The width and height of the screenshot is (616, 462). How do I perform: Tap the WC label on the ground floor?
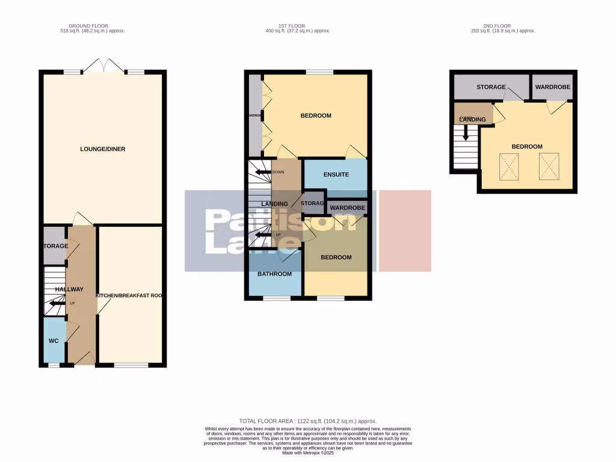tap(54, 341)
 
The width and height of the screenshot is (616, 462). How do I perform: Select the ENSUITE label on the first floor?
tap(336, 175)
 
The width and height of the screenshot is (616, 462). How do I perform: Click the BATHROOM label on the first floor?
tap(275, 274)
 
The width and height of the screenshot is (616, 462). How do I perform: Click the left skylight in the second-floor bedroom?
tap(510, 166)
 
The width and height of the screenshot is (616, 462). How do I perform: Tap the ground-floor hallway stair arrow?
tap(57, 304)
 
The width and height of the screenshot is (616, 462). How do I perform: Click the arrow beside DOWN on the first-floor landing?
tap(262, 173)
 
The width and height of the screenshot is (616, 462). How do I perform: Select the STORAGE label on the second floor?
tap(491, 87)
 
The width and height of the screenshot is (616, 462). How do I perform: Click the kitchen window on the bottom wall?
tap(131, 365)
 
